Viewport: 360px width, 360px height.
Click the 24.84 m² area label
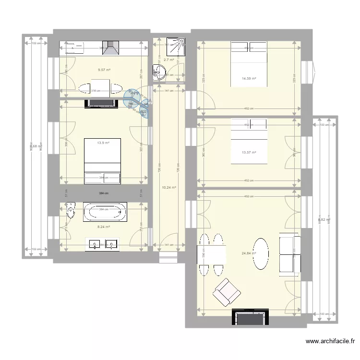249,253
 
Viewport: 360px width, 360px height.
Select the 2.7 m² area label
168,60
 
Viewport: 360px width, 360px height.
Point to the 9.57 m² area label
104,70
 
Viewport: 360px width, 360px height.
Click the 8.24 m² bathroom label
104,227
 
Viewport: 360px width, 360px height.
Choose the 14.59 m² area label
249,78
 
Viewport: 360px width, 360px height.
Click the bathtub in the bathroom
105,212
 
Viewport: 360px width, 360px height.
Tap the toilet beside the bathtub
71,210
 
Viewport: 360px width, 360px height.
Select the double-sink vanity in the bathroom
102,244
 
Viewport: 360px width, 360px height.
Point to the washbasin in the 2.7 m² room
159,72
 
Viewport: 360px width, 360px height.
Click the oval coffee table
262,253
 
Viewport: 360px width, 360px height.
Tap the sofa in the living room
290,254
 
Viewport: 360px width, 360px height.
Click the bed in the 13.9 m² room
102,161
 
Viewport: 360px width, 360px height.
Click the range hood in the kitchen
113,48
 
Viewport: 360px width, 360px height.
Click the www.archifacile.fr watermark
330,342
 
